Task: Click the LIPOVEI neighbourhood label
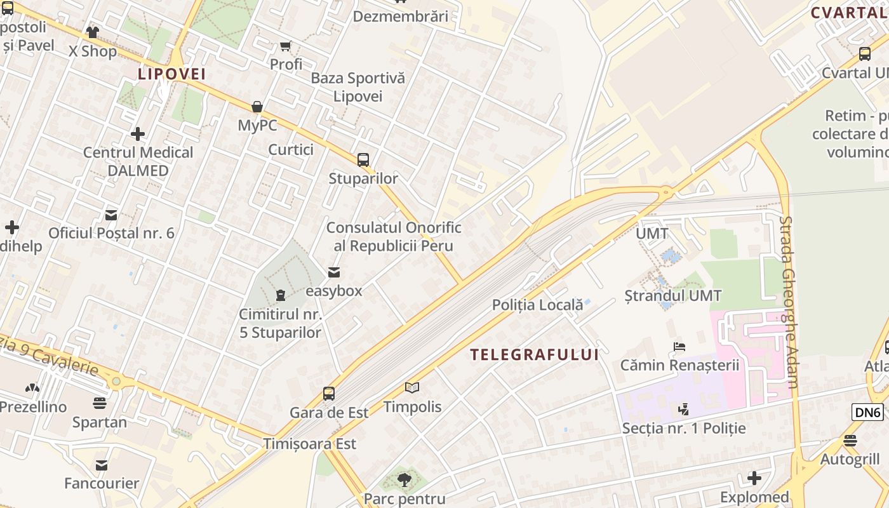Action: pyautogui.click(x=171, y=74)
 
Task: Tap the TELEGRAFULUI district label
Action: pyautogui.click(x=535, y=355)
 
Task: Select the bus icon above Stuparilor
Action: pyautogui.click(x=363, y=160)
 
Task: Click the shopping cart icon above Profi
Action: pyautogui.click(x=286, y=46)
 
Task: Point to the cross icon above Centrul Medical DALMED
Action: pyautogui.click(x=138, y=134)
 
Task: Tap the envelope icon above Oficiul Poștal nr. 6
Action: pyautogui.click(x=111, y=215)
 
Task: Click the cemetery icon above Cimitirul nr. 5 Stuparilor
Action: pyautogui.click(x=280, y=295)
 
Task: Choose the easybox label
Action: pyautogui.click(x=334, y=291)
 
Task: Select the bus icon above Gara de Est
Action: pyautogui.click(x=329, y=394)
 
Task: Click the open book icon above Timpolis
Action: pyautogui.click(x=412, y=387)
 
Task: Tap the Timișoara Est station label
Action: pyautogui.click(x=310, y=444)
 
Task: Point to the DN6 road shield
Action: pyautogui.click(x=867, y=412)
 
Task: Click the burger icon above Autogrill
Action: pyautogui.click(x=850, y=441)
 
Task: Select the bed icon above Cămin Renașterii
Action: pyautogui.click(x=679, y=347)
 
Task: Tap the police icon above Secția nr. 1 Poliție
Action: pyautogui.click(x=683, y=410)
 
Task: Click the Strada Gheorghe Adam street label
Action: pyautogui.click(x=789, y=302)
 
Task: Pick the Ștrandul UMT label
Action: pyautogui.click(x=673, y=296)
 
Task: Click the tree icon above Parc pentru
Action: pyautogui.click(x=404, y=480)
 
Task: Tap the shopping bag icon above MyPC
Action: pyautogui.click(x=257, y=107)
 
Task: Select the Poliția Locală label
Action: pyautogui.click(x=537, y=305)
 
